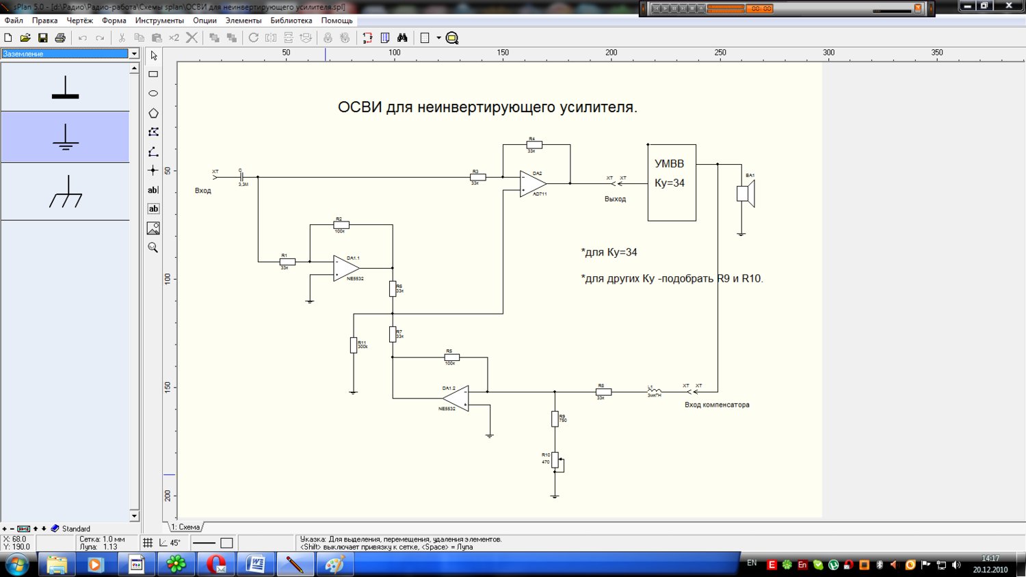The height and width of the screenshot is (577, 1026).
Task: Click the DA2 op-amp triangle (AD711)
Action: pos(531,184)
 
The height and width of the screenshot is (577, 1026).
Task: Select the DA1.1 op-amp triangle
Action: pos(345,268)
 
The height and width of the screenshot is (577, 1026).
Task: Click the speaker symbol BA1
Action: pos(745,193)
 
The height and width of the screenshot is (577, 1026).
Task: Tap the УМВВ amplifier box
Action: pos(672,183)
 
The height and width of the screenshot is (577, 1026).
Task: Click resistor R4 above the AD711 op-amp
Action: pos(534,145)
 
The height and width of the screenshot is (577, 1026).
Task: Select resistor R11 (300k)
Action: pos(354,345)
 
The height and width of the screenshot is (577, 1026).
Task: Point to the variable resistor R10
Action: pos(555,460)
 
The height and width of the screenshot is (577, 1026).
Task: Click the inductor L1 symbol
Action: pos(655,391)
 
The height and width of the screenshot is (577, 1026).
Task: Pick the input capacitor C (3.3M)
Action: pos(241,177)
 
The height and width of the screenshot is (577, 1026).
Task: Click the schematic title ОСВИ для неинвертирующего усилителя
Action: pos(487,107)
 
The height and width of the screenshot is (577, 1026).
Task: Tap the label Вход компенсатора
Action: pos(717,405)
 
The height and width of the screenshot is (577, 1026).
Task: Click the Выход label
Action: pos(615,199)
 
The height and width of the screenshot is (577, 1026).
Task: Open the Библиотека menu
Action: pos(291,21)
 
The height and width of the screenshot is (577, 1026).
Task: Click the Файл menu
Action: pos(14,21)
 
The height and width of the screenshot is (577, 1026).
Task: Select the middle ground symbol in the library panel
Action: pos(65,137)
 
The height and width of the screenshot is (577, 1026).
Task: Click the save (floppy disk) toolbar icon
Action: pos(42,38)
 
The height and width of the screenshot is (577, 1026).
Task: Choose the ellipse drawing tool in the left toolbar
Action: pos(153,94)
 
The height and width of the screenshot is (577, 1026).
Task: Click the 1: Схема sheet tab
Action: pos(185,527)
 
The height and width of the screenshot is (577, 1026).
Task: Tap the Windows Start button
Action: pos(16,565)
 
